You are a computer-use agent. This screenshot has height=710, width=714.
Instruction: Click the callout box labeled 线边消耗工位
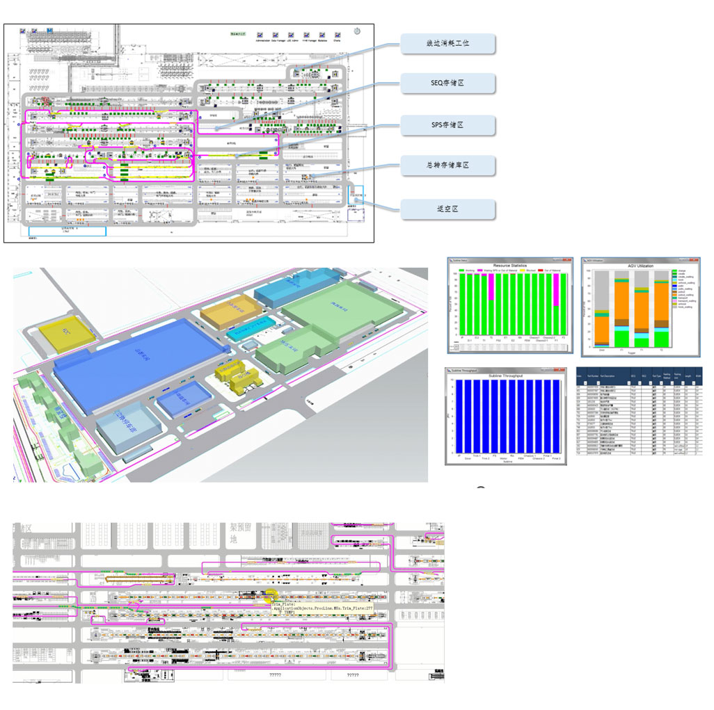(447, 43)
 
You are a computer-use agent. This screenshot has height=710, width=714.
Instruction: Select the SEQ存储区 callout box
(447, 83)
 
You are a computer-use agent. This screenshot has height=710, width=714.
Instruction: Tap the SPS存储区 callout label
(447, 124)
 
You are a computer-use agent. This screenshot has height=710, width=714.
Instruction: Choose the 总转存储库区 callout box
(447, 165)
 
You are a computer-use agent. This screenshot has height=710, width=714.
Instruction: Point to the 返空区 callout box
(447, 209)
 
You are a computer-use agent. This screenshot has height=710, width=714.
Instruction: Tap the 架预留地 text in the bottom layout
(234, 534)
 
